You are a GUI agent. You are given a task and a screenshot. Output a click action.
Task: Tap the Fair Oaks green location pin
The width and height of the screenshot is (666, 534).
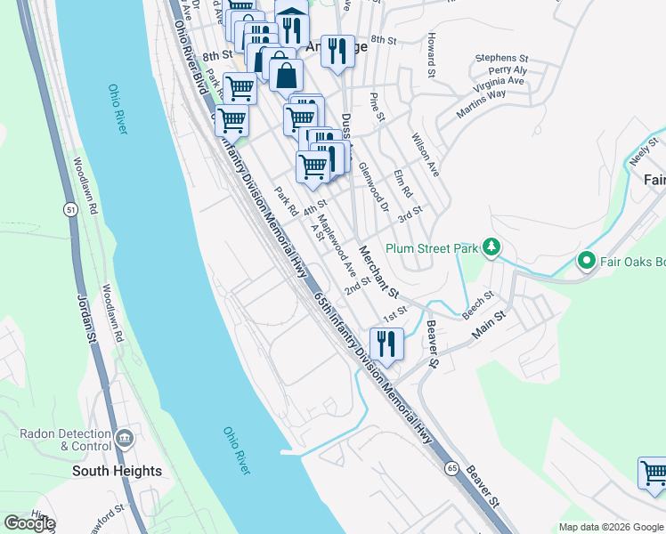[586, 262]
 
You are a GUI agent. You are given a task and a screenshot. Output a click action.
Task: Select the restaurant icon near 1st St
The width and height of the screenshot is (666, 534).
[386, 344]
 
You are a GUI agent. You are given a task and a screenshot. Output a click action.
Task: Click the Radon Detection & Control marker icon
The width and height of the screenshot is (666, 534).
[125, 436]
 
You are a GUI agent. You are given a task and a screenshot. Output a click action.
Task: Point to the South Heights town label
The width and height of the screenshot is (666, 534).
[117, 471]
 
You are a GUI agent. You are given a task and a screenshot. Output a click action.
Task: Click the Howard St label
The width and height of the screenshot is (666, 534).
[432, 55]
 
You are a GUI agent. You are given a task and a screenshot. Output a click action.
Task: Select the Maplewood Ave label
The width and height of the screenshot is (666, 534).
[337, 246]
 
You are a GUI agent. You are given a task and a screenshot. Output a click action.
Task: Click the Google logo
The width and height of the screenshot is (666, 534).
[29, 523]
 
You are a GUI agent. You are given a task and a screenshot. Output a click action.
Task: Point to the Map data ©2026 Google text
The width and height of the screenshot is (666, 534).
[610, 527]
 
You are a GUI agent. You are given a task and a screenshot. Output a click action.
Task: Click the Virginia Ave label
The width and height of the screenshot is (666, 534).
[499, 81]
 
